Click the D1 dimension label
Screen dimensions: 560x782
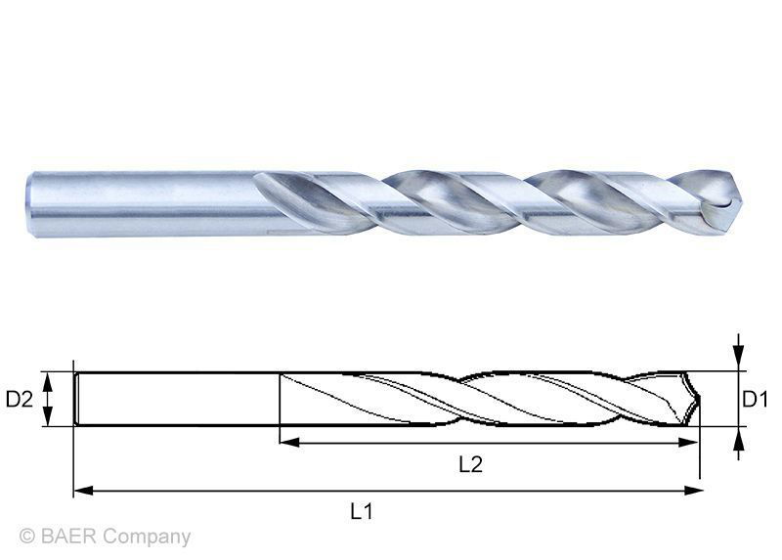tap(754, 399)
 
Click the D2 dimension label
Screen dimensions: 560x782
tap(21, 399)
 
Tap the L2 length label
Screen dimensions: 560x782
tap(470, 465)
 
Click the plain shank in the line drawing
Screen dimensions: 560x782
tap(176, 399)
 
